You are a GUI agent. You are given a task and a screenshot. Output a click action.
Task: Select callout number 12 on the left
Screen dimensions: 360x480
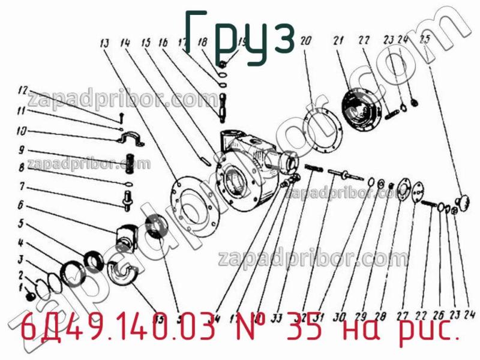[22, 91]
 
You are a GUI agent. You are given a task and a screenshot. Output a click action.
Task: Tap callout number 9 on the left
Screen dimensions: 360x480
[21, 150]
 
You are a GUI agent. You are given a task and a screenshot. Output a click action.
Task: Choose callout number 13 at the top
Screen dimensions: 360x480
[105, 43]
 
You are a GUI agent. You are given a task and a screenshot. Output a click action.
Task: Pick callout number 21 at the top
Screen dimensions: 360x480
[338, 41]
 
